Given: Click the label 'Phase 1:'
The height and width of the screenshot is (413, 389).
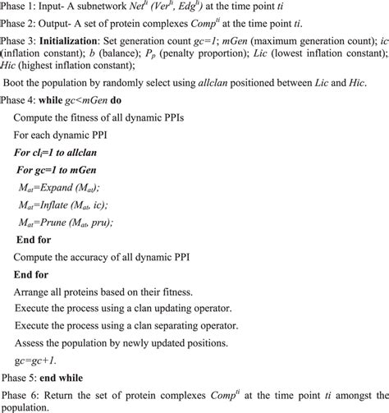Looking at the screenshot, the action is tap(20, 7).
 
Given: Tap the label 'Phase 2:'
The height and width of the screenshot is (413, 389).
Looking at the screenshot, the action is tap(20, 26).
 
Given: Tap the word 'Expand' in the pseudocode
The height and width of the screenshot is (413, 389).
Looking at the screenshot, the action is tap(61, 189).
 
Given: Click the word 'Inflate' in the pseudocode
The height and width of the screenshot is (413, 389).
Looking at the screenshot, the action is tap(61, 205).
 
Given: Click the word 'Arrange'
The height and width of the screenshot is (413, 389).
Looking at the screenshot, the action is tap(34, 291).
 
